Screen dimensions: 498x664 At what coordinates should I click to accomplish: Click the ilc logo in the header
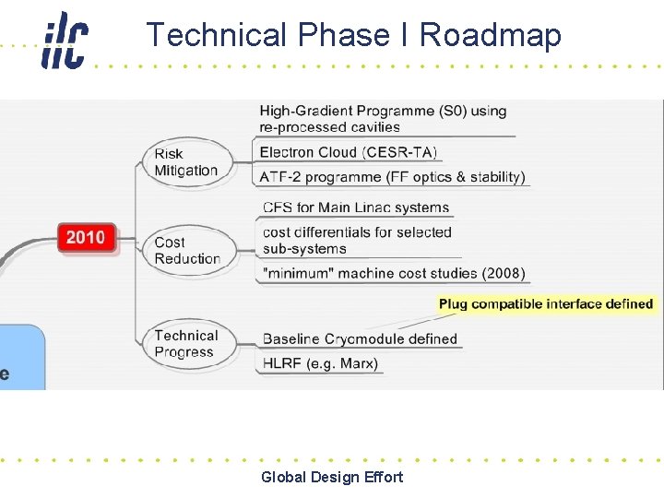pyautogui.click(x=65, y=40)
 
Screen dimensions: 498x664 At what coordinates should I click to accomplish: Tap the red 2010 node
pyautogui.click(x=86, y=237)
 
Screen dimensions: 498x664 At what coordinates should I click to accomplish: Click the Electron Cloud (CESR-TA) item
pyautogui.click(x=348, y=152)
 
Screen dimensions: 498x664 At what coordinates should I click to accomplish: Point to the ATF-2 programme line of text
pyautogui.click(x=392, y=176)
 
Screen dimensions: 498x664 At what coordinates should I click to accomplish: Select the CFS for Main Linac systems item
pyautogui.click(x=356, y=207)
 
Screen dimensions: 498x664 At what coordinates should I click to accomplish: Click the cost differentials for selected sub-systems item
pyautogui.click(x=357, y=240)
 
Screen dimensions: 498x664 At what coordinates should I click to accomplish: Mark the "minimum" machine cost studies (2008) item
pyautogui.click(x=394, y=273)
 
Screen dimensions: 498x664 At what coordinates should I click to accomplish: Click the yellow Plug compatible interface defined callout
pyautogui.click(x=546, y=303)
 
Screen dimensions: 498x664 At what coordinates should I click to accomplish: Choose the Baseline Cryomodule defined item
pyautogui.click(x=360, y=338)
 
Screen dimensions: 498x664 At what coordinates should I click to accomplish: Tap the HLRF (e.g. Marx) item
pyautogui.click(x=320, y=362)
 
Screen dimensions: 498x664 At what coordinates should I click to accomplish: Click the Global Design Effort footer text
pyautogui.click(x=332, y=477)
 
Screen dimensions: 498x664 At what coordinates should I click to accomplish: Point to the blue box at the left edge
pyautogui.click(x=20, y=356)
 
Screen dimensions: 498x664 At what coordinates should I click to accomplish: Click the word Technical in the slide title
pyautogui.click(x=217, y=35)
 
